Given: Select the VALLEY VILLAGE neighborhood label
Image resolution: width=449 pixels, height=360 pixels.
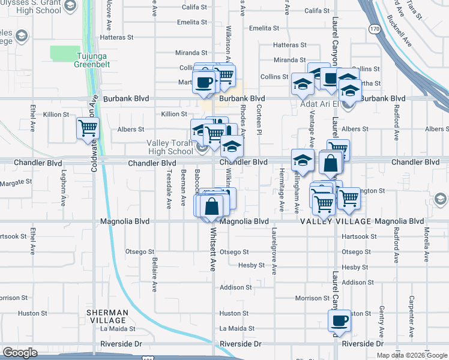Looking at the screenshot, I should (x=336, y=221).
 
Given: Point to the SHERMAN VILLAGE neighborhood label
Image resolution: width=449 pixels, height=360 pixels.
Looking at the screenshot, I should (x=107, y=316).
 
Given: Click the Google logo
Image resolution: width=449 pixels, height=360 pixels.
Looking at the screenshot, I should (x=20, y=353).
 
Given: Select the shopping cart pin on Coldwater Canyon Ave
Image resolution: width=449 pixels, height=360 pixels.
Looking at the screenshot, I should (x=88, y=128).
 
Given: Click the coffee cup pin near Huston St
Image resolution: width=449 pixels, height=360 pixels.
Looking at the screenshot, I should (x=339, y=320).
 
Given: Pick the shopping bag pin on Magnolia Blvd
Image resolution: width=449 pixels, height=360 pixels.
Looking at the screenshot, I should (x=211, y=206).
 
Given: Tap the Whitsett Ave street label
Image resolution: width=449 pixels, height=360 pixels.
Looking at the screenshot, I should (x=212, y=254).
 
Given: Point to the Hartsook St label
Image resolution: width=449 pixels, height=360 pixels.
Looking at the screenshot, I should (x=358, y=236).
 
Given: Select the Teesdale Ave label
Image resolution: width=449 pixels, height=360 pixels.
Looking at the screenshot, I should (x=169, y=188).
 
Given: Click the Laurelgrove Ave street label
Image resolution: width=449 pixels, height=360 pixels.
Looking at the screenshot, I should (x=274, y=247).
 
